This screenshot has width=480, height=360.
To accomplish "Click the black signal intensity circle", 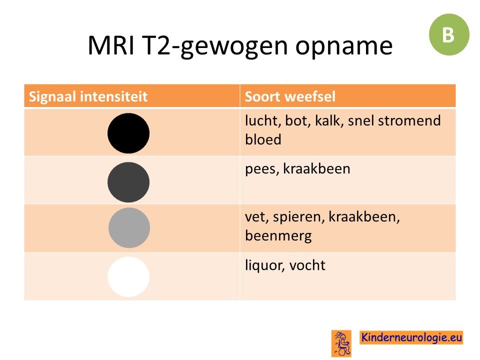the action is (x=128, y=133).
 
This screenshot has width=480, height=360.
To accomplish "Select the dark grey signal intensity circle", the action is (x=128, y=182).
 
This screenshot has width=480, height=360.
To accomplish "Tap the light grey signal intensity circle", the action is (x=129, y=228).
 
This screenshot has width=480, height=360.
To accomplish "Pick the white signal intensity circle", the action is (x=128, y=276).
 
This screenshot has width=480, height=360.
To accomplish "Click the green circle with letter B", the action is (x=449, y=34).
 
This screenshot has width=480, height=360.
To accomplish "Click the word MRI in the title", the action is (x=111, y=45).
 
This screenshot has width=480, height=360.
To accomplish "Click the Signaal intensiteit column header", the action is (x=88, y=96).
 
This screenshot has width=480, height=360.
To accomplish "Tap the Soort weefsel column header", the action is (x=290, y=96).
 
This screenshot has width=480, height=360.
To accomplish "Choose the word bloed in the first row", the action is (x=263, y=139).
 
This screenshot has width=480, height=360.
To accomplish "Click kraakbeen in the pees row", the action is (x=316, y=168).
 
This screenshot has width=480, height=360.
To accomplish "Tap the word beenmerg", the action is (x=278, y=236).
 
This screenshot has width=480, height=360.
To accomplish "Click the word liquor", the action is (x=265, y=265).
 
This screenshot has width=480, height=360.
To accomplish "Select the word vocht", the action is (x=307, y=265).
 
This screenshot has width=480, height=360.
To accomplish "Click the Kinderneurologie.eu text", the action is (x=411, y=337).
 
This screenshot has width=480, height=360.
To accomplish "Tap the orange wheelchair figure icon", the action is (x=341, y=343).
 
